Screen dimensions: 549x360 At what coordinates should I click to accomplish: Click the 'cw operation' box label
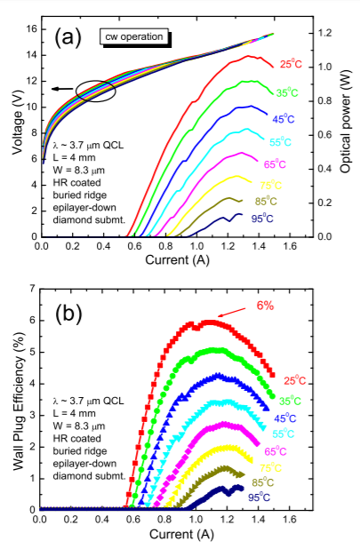point(140,38)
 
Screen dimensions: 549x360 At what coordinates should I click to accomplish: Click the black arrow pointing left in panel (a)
point(60,89)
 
